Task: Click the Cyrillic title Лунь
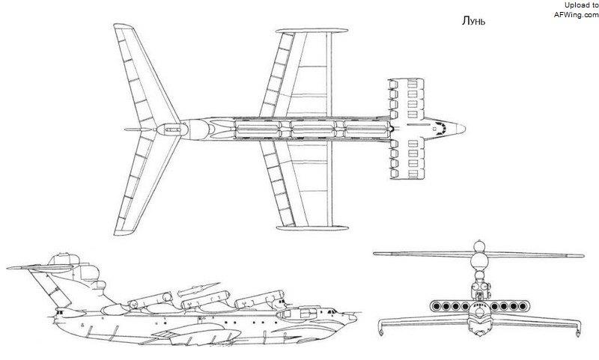(x=473, y=21)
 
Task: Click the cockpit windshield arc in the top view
(x=443, y=128)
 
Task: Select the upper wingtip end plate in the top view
(x=311, y=31)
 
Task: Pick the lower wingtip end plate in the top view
(x=312, y=228)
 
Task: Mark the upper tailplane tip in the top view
(x=123, y=26)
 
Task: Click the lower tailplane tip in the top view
(x=124, y=232)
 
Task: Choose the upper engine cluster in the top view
(x=406, y=98)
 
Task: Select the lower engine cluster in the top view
(x=406, y=159)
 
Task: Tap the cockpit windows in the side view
(x=331, y=312)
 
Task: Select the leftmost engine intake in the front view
(x=437, y=306)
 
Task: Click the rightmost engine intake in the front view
(x=523, y=306)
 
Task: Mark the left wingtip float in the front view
(x=380, y=329)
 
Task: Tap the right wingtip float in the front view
(x=579, y=329)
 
